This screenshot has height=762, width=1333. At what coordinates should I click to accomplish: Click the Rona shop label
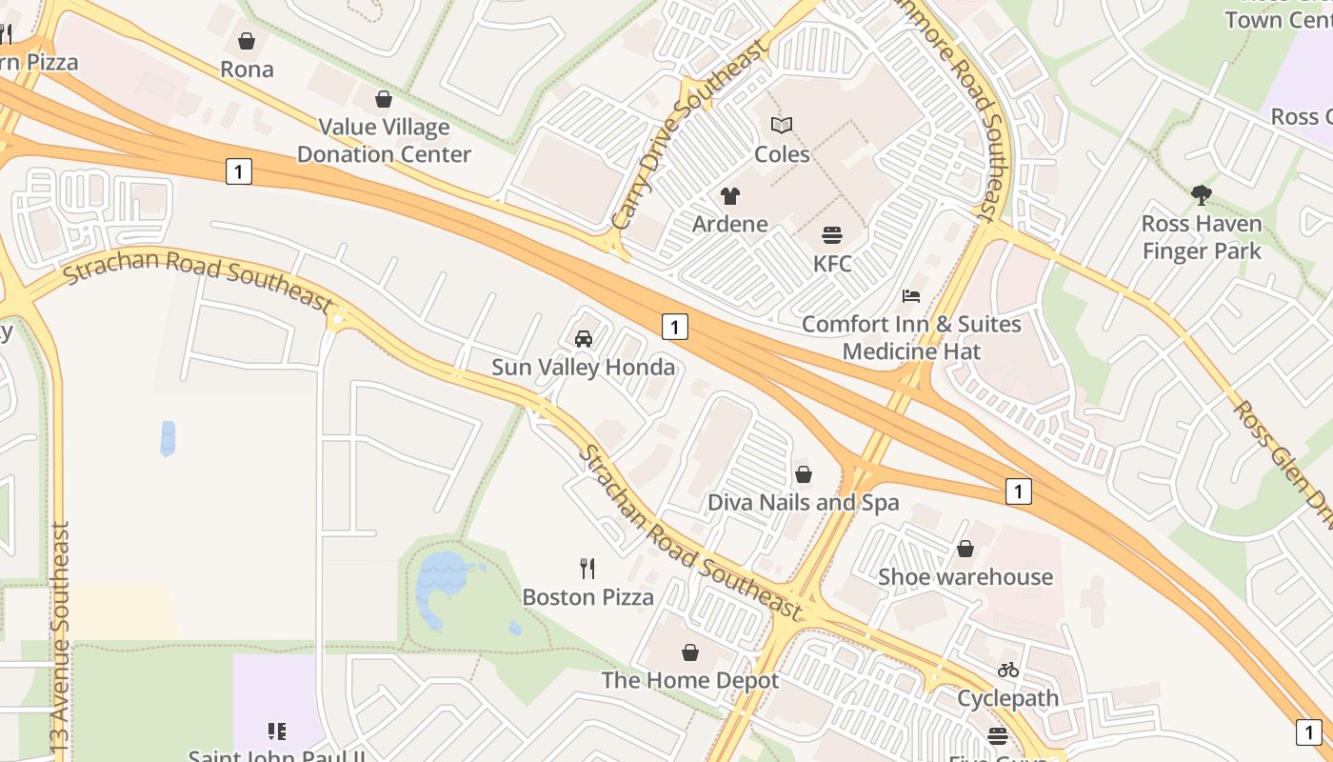coord(247,70)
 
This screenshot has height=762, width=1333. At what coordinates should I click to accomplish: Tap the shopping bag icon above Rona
coord(247,41)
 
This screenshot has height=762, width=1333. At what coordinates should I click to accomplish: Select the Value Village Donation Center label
coord(384,140)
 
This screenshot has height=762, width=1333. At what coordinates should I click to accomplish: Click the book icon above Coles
coord(782,125)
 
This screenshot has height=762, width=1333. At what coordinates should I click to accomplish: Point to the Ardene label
coord(730,224)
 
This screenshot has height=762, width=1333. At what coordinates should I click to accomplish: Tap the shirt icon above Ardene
coord(730,196)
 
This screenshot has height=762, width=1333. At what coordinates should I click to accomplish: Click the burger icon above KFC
coord(832,235)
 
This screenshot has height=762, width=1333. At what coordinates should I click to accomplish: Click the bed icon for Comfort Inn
coord(911,296)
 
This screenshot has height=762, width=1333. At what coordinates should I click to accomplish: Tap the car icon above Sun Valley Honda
coord(584,339)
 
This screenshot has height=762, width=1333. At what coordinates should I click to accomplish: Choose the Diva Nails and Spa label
coord(804,502)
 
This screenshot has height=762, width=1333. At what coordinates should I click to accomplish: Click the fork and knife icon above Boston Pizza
coord(587,569)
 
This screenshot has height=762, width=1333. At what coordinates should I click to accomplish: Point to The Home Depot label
coord(690,680)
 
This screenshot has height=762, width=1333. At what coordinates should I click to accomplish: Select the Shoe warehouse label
coord(965,576)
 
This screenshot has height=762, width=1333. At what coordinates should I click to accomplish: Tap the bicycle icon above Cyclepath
coord(1008,670)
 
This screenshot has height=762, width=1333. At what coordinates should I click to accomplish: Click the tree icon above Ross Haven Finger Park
coord(1202,195)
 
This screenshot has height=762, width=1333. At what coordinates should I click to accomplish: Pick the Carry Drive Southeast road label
coord(688,133)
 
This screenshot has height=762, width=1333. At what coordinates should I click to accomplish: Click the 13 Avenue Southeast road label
coord(61,638)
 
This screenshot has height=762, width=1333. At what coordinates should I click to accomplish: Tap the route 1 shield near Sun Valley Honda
coord(674,327)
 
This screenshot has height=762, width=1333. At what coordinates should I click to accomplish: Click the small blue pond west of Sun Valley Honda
coord(168,438)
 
